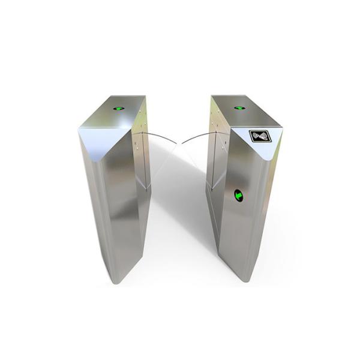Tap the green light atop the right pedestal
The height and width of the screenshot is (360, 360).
[239, 108]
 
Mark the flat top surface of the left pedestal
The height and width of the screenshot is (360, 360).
[120, 111]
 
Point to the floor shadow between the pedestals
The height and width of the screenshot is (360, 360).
[180, 240]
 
